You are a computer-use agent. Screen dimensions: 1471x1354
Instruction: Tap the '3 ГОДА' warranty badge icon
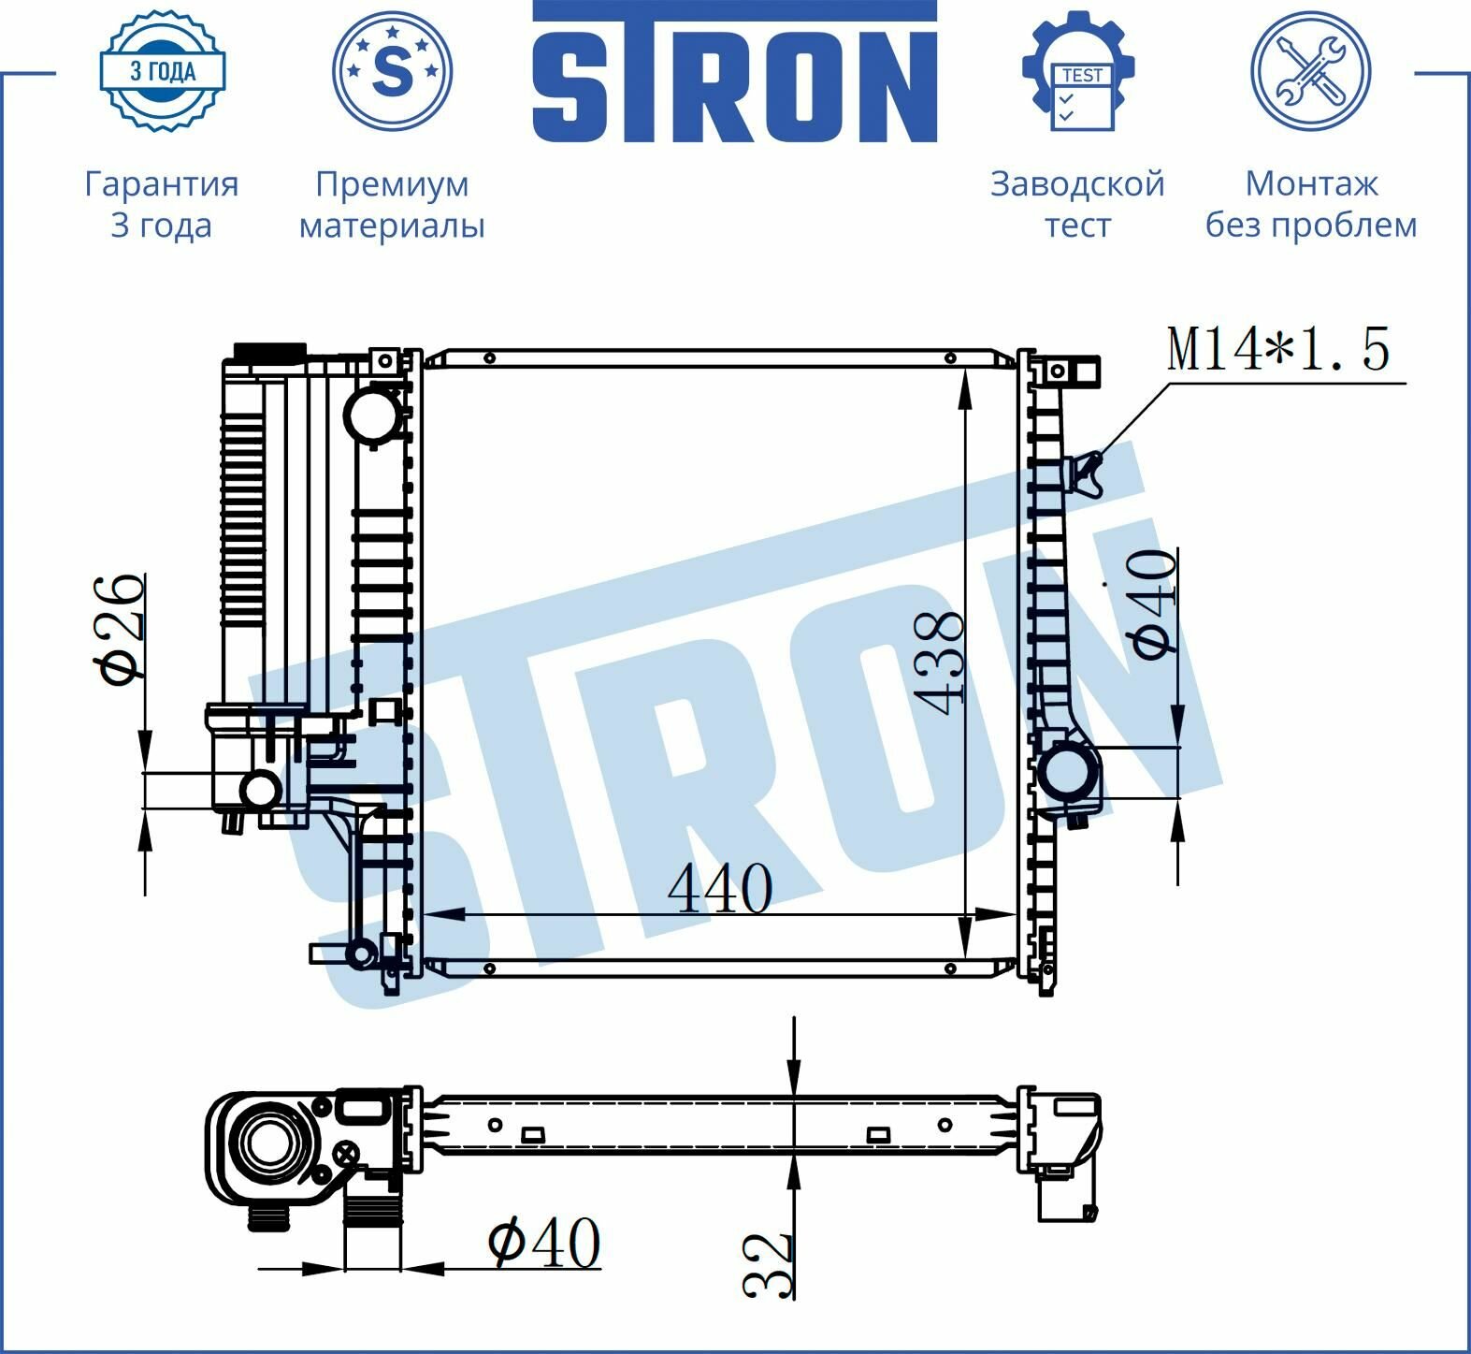coord(163,71)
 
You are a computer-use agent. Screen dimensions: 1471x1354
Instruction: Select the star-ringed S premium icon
coord(392,71)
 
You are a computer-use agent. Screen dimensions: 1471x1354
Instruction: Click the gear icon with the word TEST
coord(1078,71)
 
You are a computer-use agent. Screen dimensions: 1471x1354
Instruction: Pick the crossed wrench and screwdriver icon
coord(1311,71)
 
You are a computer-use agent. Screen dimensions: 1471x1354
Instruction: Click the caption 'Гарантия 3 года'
coord(162,204)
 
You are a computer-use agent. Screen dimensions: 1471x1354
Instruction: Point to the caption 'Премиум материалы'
coord(392,204)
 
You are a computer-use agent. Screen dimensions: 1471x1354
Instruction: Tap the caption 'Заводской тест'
coord(1078,204)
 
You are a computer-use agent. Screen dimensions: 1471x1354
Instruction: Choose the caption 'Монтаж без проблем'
coord(1311,204)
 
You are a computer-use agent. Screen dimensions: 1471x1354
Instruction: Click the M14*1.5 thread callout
coord(1278,348)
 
